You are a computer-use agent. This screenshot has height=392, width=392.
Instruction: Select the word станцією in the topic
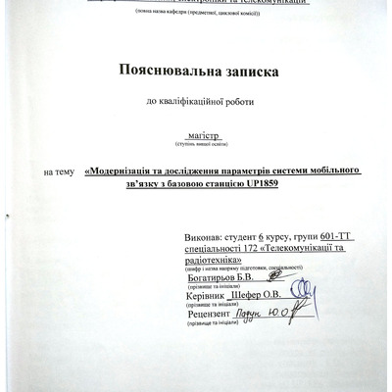(219, 183)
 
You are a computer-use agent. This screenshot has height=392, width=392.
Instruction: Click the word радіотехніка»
(212, 261)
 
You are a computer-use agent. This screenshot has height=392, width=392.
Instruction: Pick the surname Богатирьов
(209, 278)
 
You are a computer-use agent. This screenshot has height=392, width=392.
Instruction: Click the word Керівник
(205, 294)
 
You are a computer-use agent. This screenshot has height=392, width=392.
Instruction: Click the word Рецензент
(210, 313)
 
